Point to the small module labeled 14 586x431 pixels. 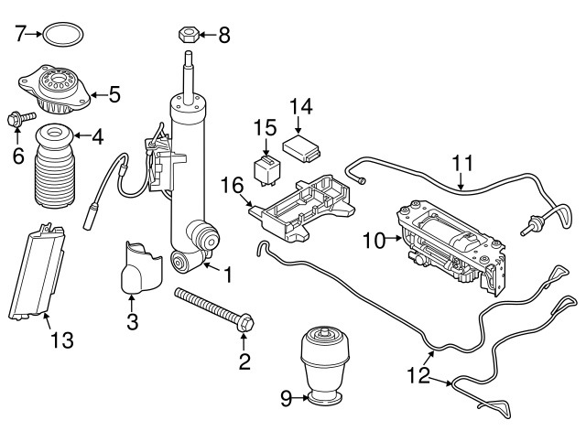(x=303, y=145)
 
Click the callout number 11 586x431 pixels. (x=464, y=166)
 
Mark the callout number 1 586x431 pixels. (x=228, y=274)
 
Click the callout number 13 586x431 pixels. (x=60, y=341)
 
